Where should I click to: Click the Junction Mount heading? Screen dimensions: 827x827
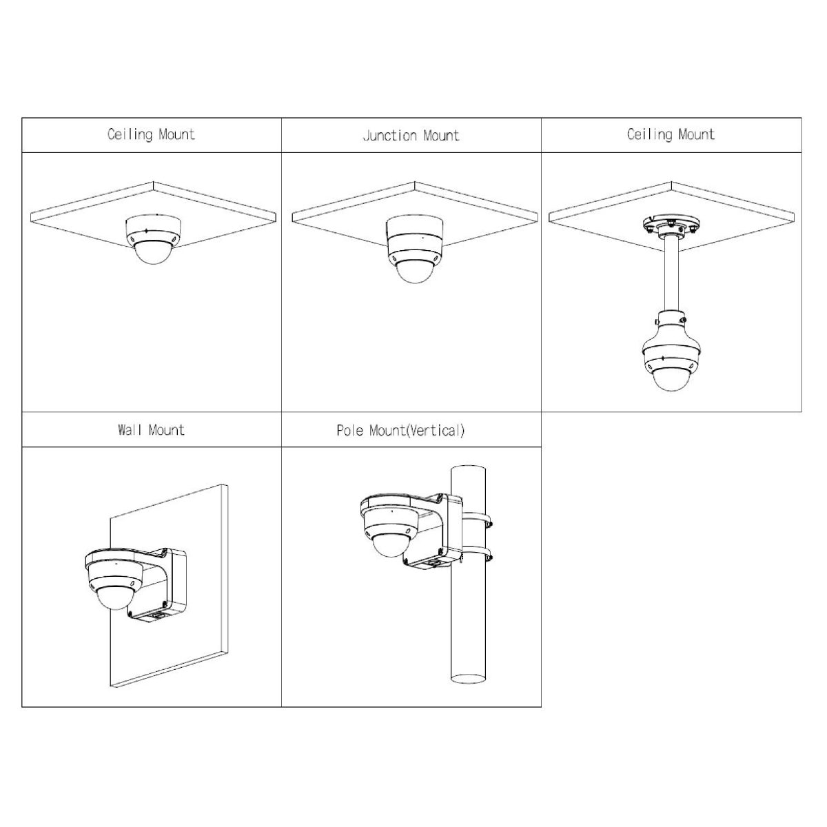coord(411,136)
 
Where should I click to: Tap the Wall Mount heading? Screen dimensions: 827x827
coord(151,430)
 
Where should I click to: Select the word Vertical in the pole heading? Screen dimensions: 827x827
coord(435,431)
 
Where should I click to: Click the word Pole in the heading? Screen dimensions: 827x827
coord(351,431)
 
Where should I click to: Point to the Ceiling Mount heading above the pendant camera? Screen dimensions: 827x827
coord(671,134)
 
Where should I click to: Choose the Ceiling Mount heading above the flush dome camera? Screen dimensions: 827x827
coord(151,134)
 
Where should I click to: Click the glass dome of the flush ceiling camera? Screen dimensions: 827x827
coord(154,253)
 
